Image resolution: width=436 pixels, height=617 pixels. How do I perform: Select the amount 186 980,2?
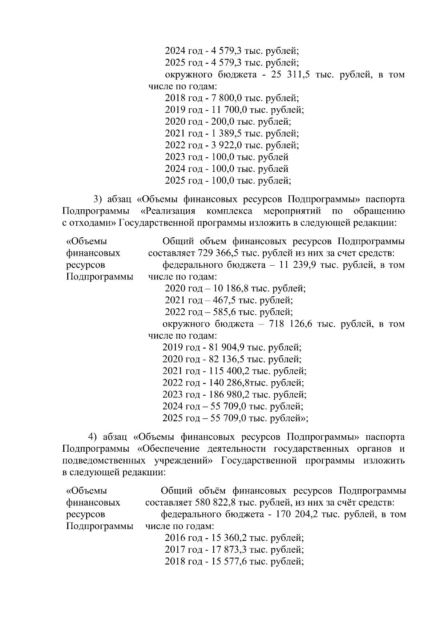(231, 395)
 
